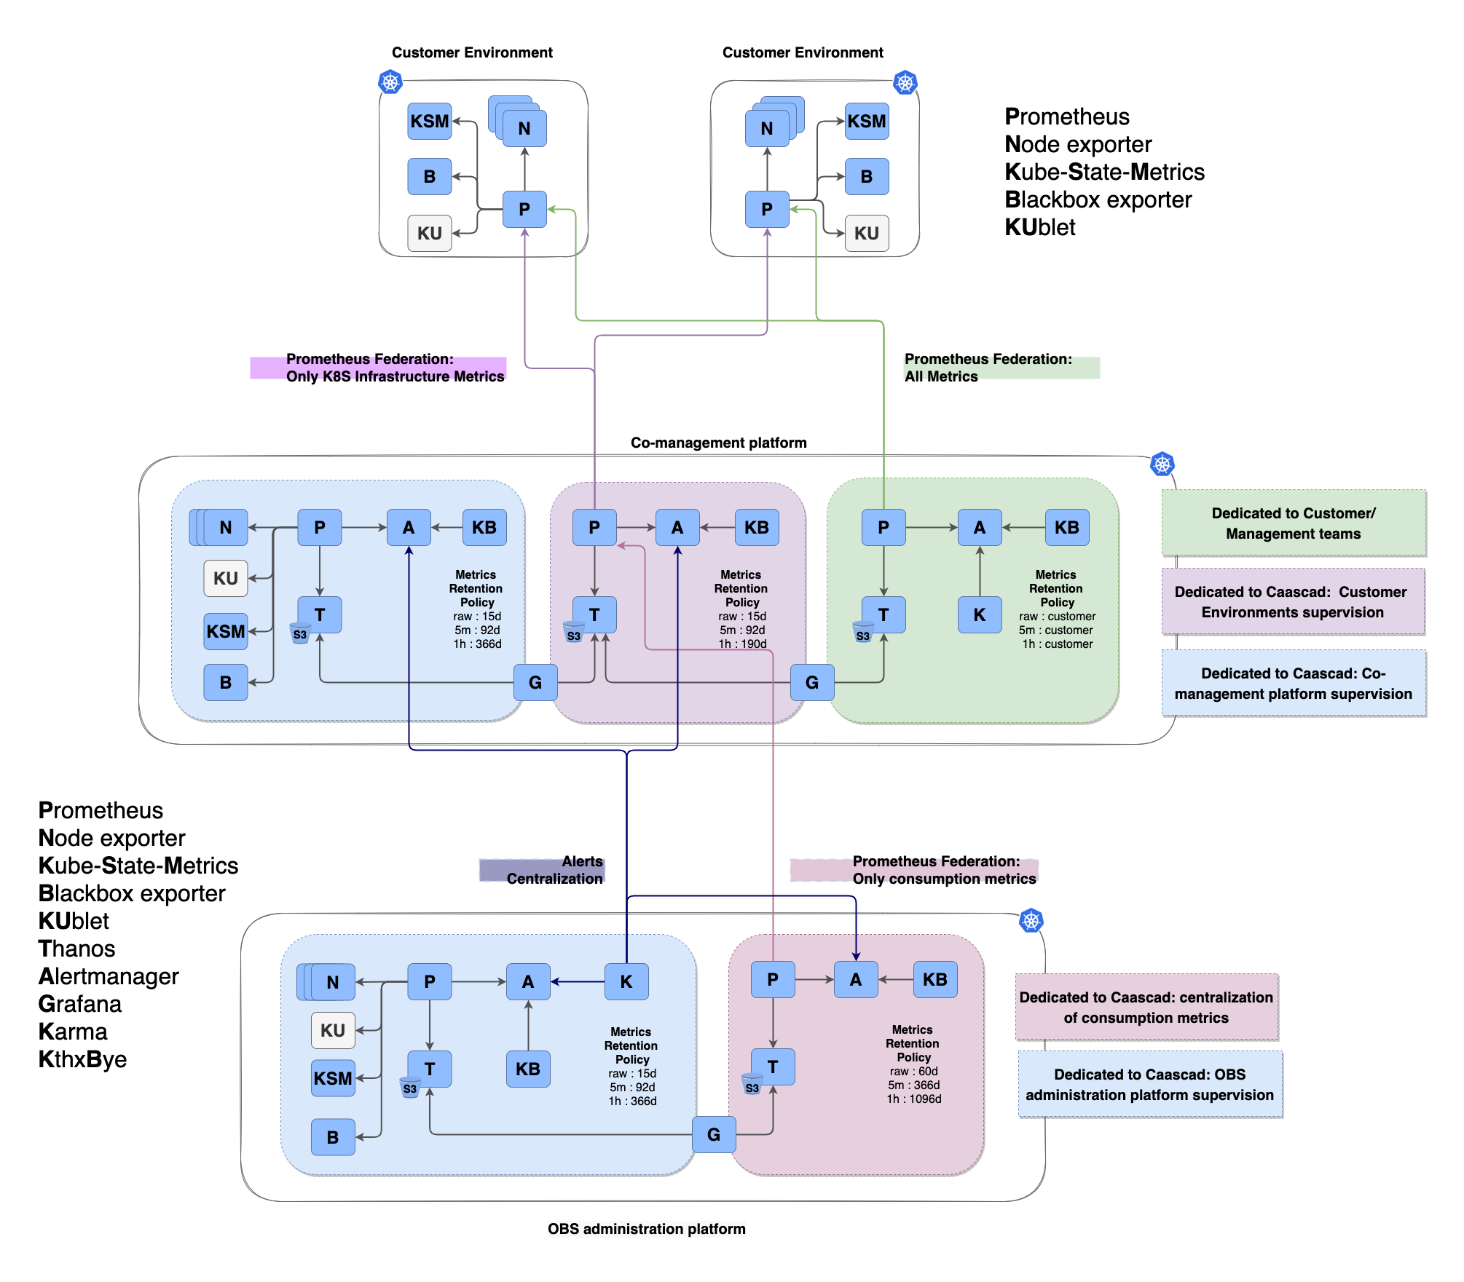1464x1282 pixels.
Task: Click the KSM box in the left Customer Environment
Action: pos(430,121)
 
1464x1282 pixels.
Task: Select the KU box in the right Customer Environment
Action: pos(867,233)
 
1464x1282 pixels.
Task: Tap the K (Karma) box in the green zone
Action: pos(980,614)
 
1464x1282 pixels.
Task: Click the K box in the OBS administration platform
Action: pos(626,981)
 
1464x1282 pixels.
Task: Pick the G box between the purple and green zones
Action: pos(812,682)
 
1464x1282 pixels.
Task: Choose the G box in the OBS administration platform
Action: pos(714,1134)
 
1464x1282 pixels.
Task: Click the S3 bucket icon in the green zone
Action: pos(863,632)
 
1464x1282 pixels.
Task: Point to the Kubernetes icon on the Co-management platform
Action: pos(1162,464)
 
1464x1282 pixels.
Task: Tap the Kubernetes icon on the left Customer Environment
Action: pos(390,82)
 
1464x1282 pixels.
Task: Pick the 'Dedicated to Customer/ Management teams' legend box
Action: pos(1294,523)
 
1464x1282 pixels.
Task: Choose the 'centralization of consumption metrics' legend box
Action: pos(1146,1007)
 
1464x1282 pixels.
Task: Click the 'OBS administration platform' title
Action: pos(647,1229)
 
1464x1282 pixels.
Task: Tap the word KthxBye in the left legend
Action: pos(82,1059)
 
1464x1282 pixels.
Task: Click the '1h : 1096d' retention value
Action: pos(914,1099)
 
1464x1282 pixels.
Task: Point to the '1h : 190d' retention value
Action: pos(742,644)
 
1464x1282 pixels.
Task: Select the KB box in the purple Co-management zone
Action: pos(757,527)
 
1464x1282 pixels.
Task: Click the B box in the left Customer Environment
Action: pos(430,176)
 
